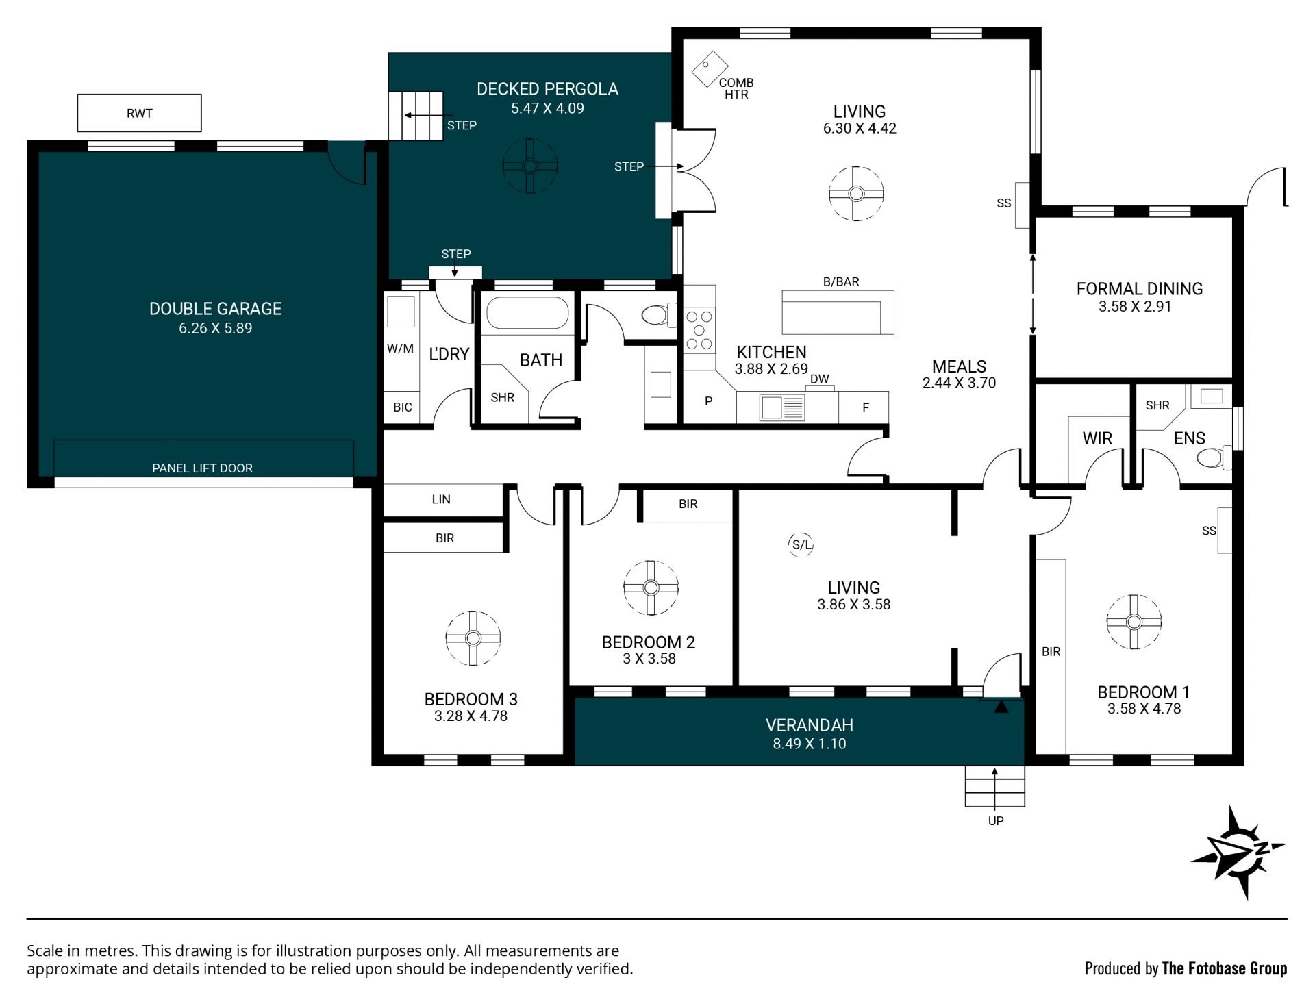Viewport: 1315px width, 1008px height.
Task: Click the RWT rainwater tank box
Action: click(x=139, y=113)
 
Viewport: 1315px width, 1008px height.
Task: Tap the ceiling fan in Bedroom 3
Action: click(x=473, y=638)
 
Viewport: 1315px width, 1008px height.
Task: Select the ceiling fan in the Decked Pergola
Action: click(x=530, y=166)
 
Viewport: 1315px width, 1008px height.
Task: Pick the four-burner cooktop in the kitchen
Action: click(x=699, y=331)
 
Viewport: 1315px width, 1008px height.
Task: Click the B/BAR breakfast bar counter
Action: click(x=838, y=312)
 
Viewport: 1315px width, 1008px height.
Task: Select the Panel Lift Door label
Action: click(x=202, y=468)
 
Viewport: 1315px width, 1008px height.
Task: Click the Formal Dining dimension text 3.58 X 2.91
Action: click(x=1135, y=307)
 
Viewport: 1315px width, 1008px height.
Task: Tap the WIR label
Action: click(x=1097, y=438)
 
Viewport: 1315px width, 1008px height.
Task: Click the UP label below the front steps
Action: click(x=996, y=820)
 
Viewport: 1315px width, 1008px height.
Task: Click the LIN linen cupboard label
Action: click(x=441, y=499)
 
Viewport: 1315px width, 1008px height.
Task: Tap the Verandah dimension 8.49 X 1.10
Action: click(x=810, y=744)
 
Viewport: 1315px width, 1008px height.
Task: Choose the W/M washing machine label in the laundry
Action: click(x=400, y=349)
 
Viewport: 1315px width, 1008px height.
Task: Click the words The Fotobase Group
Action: click(x=1225, y=968)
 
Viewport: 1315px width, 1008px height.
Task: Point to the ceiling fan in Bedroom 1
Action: click(x=1134, y=622)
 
